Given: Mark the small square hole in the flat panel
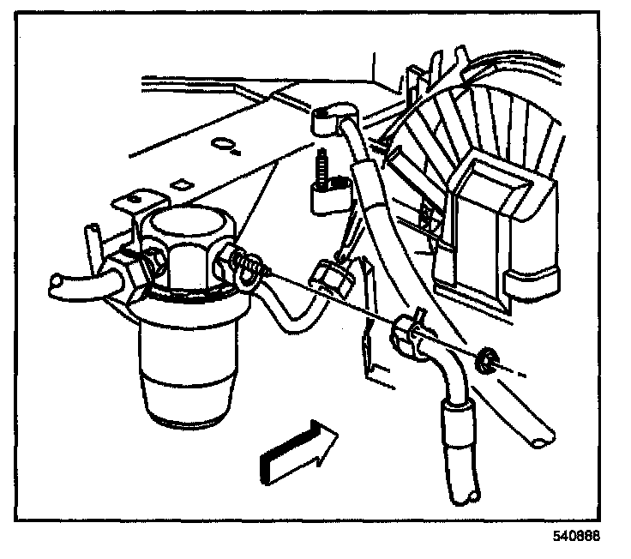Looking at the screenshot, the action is [181, 183].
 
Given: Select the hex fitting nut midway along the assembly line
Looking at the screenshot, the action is [329, 276].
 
